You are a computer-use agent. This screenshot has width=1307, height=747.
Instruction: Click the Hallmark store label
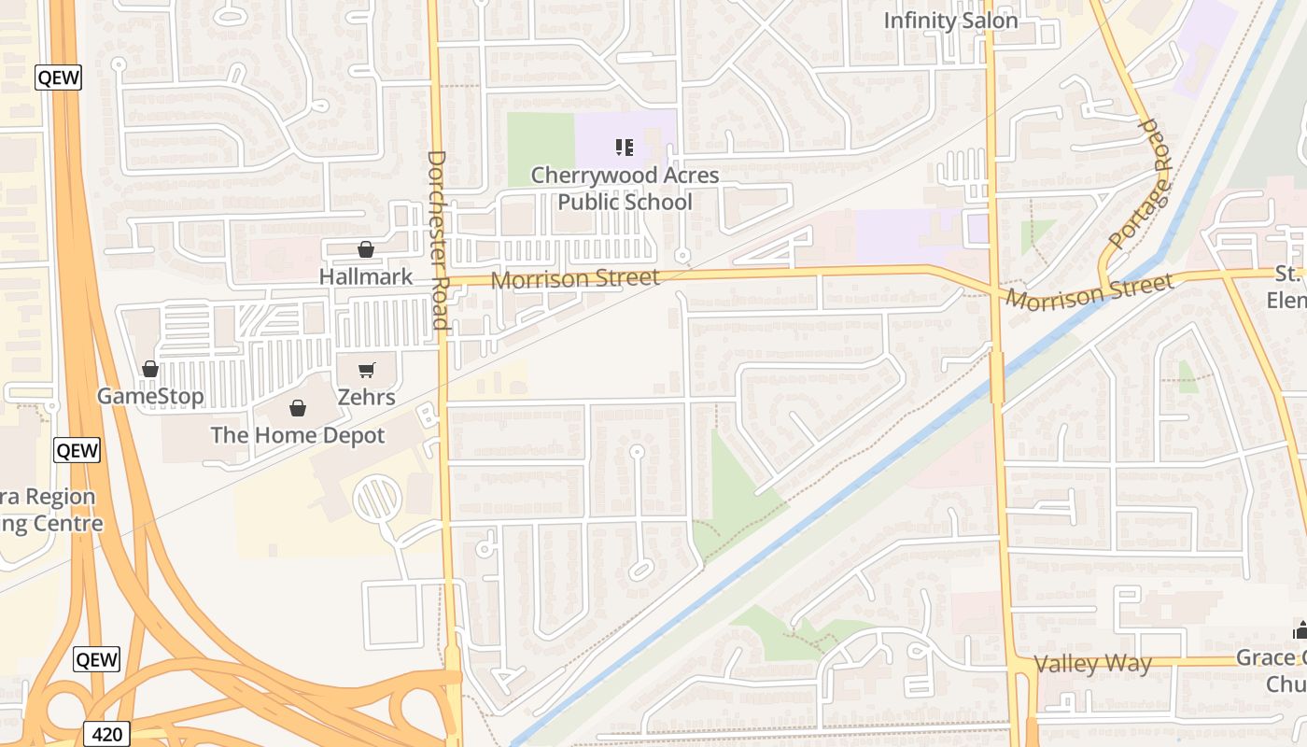click(x=365, y=276)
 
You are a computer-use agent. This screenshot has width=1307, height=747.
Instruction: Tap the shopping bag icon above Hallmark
click(x=365, y=249)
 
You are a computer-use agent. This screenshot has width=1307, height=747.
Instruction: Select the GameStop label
click(x=150, y=397)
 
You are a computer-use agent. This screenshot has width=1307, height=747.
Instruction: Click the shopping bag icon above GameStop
click(x=150, y=369)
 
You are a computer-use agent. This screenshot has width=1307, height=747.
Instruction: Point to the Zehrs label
click(x=366, y=397)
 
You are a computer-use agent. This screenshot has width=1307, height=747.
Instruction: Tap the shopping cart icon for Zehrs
click(x=366, y=370)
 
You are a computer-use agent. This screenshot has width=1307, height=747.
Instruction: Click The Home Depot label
click(x=297, y=435)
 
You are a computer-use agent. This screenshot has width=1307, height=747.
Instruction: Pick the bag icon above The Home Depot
click(x=297, y=408)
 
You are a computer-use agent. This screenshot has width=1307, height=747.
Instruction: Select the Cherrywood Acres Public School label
click(x=625, y=189)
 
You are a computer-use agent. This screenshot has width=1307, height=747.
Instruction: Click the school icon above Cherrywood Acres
click(x=625, y=147)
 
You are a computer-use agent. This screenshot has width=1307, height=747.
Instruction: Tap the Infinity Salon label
click(x=949, y=21)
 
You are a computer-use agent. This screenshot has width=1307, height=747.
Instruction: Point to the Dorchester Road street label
click(x=439, y=240)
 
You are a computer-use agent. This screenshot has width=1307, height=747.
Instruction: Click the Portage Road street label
click(x=1139, y=185)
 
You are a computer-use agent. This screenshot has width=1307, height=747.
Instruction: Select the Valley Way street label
click(x=1092, y=664)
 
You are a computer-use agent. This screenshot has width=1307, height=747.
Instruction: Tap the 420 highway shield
click(x=107, y=734)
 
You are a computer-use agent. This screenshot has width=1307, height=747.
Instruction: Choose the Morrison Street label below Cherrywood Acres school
click(x=575, y=278)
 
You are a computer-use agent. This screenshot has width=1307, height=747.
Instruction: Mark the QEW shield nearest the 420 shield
click(x=97, y=659)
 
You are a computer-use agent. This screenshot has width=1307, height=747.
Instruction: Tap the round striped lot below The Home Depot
click(x=377, y=499)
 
